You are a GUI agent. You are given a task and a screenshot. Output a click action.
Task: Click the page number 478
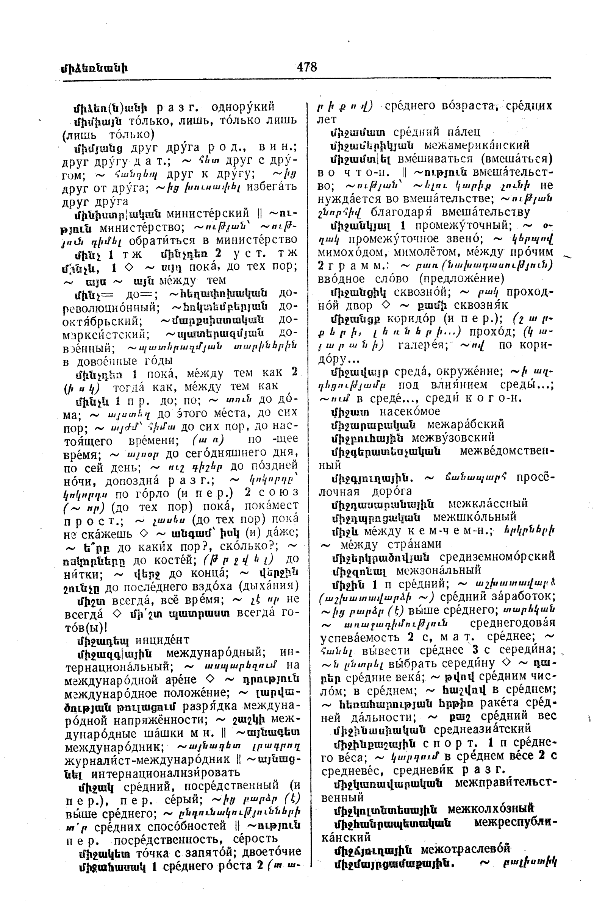307,67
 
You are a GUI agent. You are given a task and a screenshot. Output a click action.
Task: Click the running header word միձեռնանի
94,69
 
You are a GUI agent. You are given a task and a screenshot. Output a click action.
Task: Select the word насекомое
410,411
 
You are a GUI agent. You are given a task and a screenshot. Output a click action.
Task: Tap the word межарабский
465,424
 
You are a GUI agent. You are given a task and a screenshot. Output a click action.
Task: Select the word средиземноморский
497,557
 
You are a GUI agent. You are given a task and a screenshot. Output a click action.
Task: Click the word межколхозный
490,809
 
